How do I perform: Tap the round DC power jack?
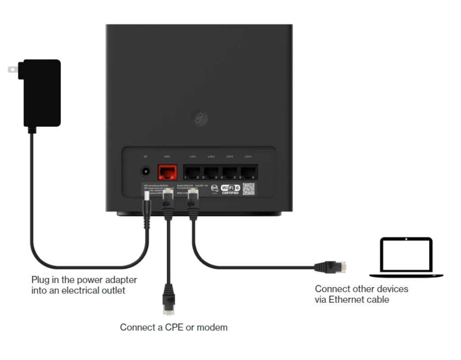click(145, 171)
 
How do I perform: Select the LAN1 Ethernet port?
click(193, 172)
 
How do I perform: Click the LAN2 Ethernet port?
click(211, 172)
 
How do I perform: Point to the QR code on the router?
click(249, 189)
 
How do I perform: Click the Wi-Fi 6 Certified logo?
click(230, 189)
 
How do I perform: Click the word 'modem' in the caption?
click(214, 328)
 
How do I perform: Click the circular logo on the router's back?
click(199, 118)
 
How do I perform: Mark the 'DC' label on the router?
click(145, 156)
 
